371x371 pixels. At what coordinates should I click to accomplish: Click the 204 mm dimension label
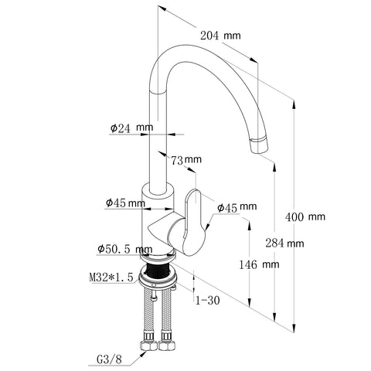(220, 36)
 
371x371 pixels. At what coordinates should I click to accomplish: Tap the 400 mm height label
(305, 217)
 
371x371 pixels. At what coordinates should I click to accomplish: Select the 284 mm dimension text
(284, 243)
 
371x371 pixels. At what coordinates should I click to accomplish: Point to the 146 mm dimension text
(259, 264)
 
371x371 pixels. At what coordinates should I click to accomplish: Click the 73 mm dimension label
(186, 160)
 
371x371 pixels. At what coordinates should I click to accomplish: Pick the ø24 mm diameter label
(131, 128)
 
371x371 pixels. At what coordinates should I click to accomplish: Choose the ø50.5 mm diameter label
(125, 249)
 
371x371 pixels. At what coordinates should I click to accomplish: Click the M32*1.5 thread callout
(111, 277)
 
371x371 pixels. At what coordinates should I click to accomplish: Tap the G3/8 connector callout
(109, 359)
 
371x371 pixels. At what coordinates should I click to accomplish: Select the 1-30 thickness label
(208, 300)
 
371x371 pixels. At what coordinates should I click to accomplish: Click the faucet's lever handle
(195, 222)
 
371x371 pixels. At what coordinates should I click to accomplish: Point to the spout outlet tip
(260, 145)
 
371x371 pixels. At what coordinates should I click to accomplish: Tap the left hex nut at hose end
(148, 345)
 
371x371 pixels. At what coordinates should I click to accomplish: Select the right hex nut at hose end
(167, 345)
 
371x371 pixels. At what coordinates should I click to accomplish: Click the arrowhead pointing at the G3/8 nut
(142, 355)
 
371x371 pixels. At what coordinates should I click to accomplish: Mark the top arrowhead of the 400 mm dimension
(294, 105)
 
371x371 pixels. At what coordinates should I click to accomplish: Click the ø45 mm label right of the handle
(237, 207)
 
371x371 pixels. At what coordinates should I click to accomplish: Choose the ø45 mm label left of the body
(125, 203)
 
